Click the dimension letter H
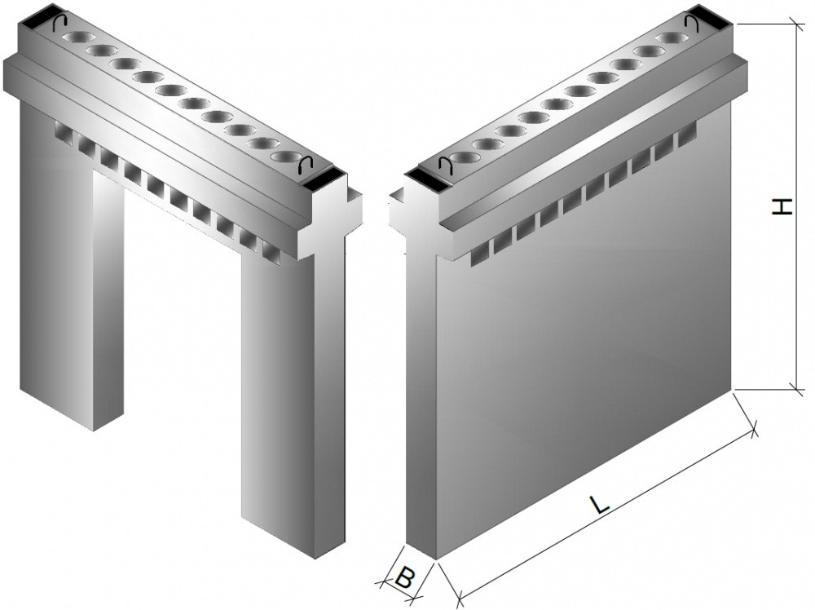[x=782, y=206]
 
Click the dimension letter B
[x=405, y=577]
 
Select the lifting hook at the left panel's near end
[x=305, y=165]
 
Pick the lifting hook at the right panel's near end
[x=446, y=166]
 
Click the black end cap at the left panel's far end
[x=35, y=18]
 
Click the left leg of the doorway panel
[x=71, y=260]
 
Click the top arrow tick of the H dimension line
[x=795, y=24]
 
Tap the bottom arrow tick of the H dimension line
[x=795, y=388]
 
